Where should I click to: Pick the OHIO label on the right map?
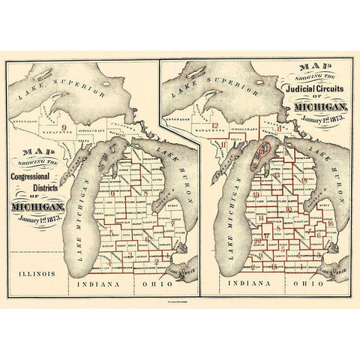click(307, 285)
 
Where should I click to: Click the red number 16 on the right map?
click(331, 223)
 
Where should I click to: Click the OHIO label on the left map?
click(147, 285)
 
